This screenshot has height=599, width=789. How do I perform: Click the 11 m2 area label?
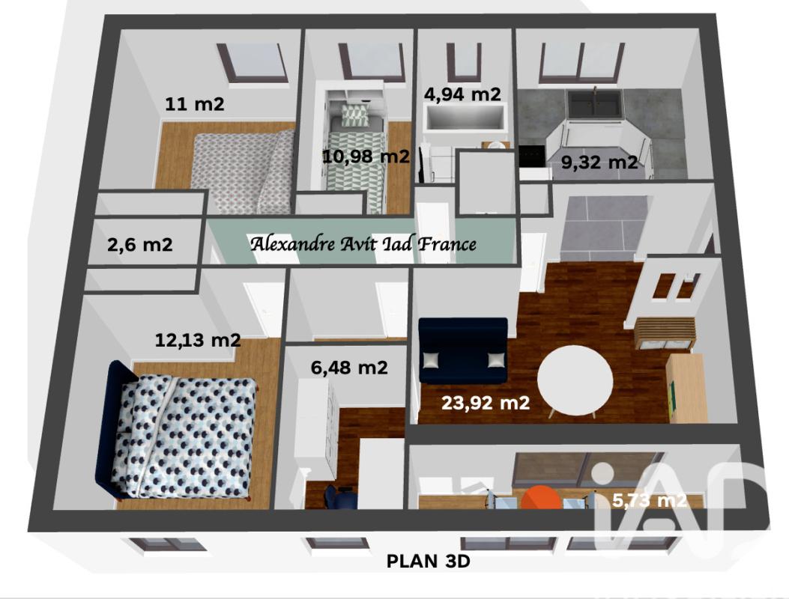coord(195,104)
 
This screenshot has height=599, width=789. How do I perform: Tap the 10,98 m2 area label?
coord(366,156)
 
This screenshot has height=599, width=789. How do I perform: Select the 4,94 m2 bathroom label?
coord(462,94)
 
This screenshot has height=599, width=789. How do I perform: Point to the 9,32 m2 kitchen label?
coord(599,162)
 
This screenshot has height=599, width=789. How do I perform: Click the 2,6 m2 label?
coord(140,244)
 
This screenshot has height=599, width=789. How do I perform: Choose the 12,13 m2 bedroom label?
coord(198,341)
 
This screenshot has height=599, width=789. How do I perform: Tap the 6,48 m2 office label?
coord(349,368)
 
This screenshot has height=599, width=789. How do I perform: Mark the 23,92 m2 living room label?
coord(486,402)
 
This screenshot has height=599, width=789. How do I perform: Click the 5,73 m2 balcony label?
coord(649,500)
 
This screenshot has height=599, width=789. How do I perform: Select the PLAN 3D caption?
coord(428,561)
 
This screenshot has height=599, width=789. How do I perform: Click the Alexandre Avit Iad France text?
coord(363,244)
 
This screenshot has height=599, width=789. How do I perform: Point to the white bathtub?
coord(463,119)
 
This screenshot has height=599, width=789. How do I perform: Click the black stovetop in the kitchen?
coord(533,156)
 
